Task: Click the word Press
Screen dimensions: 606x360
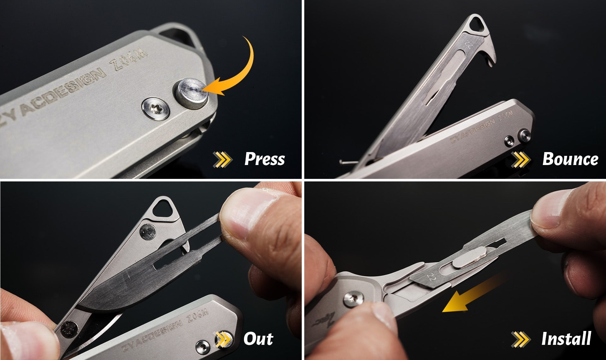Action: (264, 159)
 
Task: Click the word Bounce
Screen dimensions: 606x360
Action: (570, 159)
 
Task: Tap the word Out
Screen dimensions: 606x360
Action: (258, 339)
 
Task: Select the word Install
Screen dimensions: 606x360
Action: (566, 339)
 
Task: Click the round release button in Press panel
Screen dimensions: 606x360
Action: (192, 94)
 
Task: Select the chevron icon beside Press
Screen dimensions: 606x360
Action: (223, 159)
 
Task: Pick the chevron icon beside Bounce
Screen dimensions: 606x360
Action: (520, 159)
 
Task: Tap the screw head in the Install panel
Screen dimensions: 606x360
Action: (353, 299)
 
